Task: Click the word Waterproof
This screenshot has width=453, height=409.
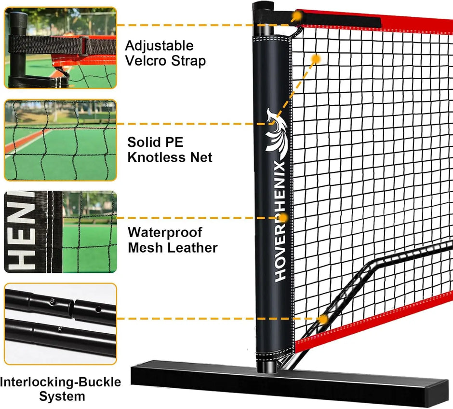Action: pos(165,232)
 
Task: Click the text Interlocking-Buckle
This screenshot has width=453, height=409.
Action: pos(61,382)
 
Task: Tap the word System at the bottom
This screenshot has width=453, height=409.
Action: pos(62,397)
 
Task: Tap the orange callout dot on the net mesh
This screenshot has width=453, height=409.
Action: pos(316,59)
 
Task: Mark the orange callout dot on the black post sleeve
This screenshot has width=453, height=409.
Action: pos(283,218)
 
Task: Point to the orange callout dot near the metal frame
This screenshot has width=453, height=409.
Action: pos(323,318)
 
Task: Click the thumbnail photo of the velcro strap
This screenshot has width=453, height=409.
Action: pos(60,48)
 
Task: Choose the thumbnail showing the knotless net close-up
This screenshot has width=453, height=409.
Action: pos(60,140)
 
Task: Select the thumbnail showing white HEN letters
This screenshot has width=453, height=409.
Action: pos(60,232)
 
